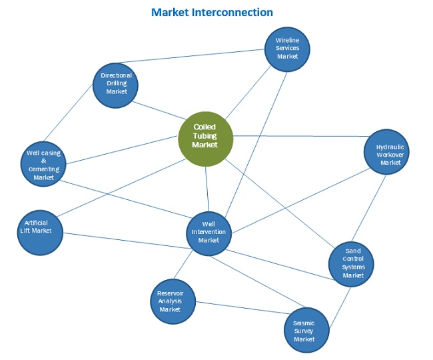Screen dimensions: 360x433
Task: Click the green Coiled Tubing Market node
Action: (x=206, y=137)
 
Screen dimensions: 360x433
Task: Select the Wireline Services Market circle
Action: (x=287, y=49)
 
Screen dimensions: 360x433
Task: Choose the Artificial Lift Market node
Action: (x=39, y=231)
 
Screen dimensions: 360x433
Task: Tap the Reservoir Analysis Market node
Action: (x=170, y=301)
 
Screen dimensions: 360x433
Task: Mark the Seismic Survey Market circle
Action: (x=308, y=330)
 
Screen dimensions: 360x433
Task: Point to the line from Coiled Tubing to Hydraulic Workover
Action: (x=300, y=136)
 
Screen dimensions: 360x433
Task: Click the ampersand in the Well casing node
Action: (x=43, y=161)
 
